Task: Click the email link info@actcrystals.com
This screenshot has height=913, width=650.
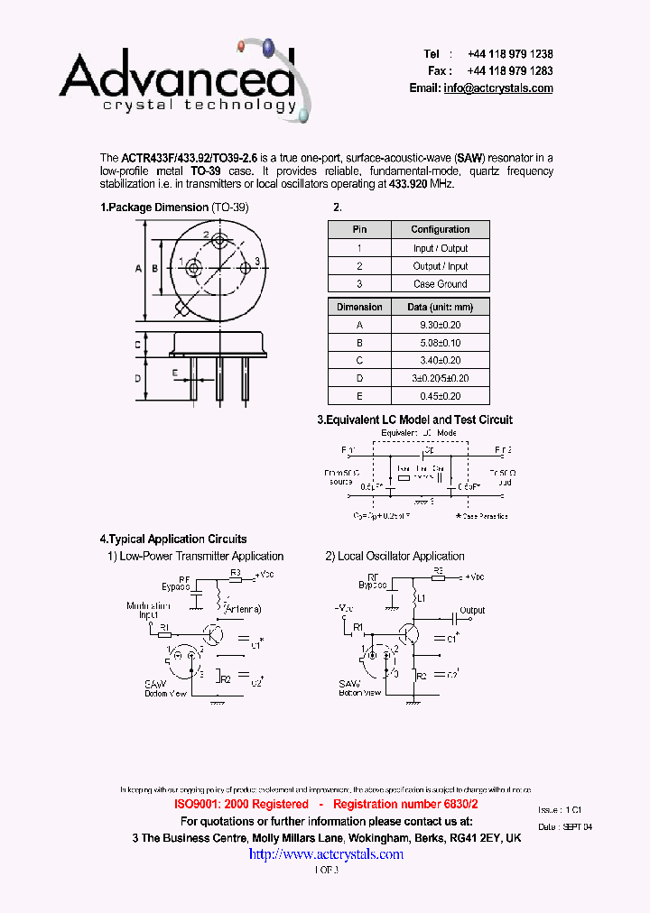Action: [497, 88]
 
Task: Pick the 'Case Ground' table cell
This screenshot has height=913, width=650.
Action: [440, 283]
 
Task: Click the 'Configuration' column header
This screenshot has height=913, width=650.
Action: [440, 230]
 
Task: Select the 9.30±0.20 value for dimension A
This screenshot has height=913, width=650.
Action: [440, 325]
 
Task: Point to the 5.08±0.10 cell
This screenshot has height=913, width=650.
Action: [440, 343]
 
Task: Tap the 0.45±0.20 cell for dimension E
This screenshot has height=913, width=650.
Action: [440, 396]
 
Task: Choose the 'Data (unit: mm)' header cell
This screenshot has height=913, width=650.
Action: [440, 308]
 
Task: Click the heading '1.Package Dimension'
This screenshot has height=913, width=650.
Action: [154, 207]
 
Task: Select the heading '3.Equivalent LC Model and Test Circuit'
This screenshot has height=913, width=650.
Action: [414, 420]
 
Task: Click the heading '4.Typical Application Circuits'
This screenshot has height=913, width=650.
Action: [173, 539]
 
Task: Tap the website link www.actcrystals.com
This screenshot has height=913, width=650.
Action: [326, 854]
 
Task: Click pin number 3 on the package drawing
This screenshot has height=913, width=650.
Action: [257, 262]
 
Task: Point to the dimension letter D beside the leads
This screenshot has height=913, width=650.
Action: [138, 378]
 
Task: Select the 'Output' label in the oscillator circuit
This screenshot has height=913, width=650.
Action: [472, 610]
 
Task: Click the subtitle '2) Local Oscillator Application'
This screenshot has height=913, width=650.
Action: [395, 557]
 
